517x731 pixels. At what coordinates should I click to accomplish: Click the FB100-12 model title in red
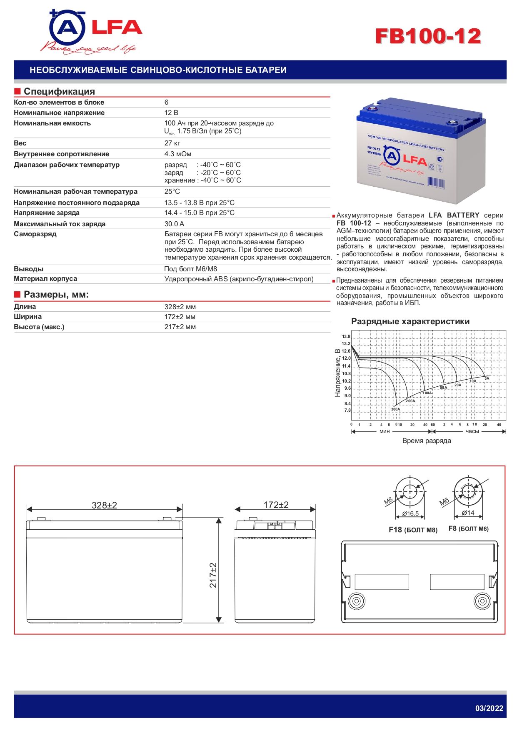pyautogui.click(x=428, y=36)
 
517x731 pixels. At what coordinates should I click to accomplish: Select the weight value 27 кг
pyautogui.click(x=172, y=143)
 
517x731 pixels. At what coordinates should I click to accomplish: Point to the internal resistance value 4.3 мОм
pyautogui.click(x=178, y=154)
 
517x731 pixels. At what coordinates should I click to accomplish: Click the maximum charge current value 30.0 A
pyautogui.click(x=174, y=224)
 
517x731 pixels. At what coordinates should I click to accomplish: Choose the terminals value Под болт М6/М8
pyautogui.click(x=190, y=269)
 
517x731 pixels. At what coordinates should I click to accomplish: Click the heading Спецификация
pyautogui.click(x=59, y=91)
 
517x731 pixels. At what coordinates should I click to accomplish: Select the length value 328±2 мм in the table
pyautogui.click(x=180, y=307)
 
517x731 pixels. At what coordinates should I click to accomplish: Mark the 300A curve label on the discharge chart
pyautogui.click(x=395, y=409)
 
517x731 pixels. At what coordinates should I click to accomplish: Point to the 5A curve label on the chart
pyautogui.click(x=487, y=378)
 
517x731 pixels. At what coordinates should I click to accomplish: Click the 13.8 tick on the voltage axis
pyautogui.click(x=346, y=336)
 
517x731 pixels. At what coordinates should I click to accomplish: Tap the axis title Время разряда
pyautogui.click(x=427, y=441)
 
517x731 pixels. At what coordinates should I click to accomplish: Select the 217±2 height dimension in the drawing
pyautogui.click(x=213, y=575)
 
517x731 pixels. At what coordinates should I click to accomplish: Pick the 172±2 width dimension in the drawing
pyautogui.click(x=276, y=505)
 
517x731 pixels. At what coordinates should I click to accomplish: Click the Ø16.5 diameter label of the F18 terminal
pyautogui.click(x=410, y=513)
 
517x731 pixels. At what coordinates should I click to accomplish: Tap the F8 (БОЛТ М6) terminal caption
pyautogui.click(x=468, y=528)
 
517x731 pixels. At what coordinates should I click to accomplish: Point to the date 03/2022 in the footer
pyautogui.click(x=489, y=708)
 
